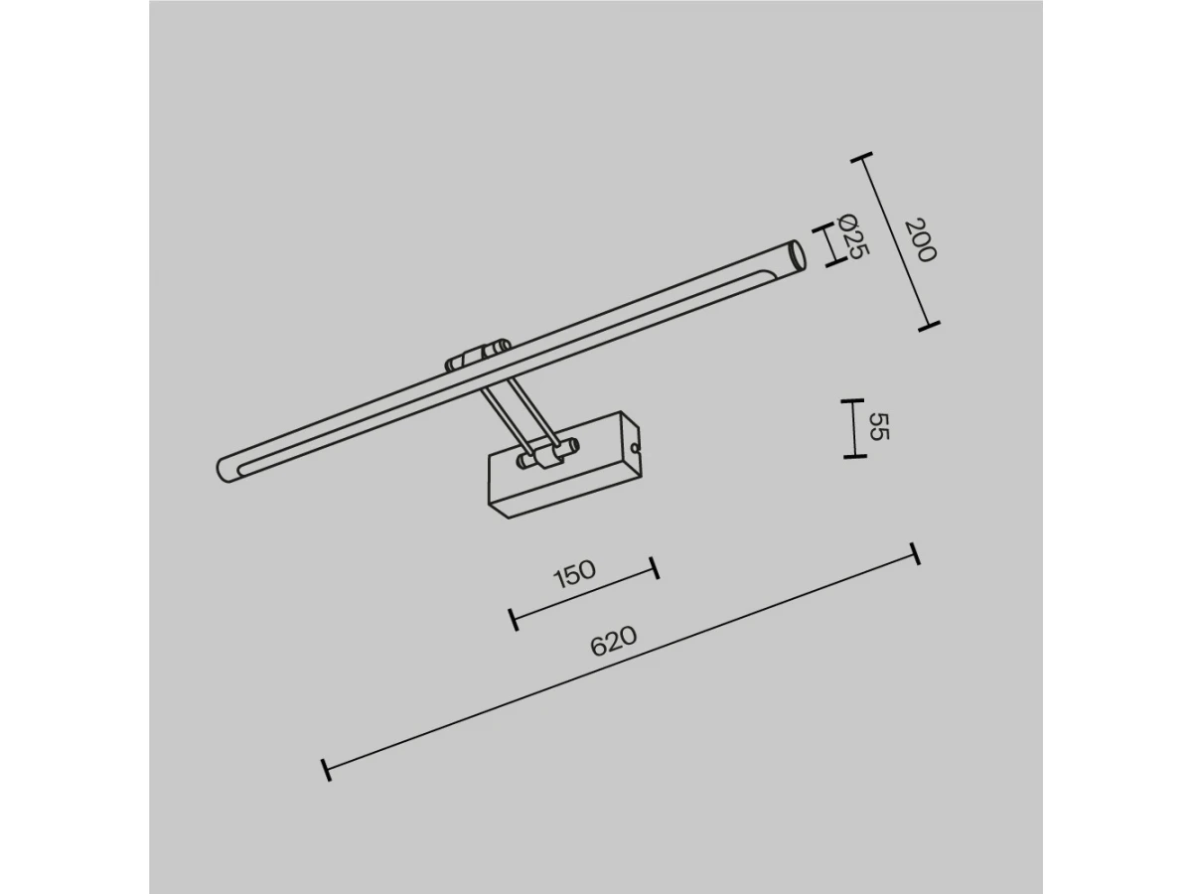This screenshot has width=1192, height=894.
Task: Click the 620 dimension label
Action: pyautogui.click(x=613, y=641)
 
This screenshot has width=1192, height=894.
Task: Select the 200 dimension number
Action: pyautogui.click(x=921, y=240)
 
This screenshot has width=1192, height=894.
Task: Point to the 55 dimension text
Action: pyautogui.click(x=879, y=427)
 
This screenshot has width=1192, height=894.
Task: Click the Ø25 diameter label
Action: pyautogui.click(x=853, y=235)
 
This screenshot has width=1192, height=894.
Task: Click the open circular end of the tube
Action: pyautogui.click(x=797, y=255)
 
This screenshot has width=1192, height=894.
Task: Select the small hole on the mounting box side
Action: pyautogui.click(x=635, y=447)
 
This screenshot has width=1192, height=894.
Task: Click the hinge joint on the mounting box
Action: pyautogui.click(x=547, y=454)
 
